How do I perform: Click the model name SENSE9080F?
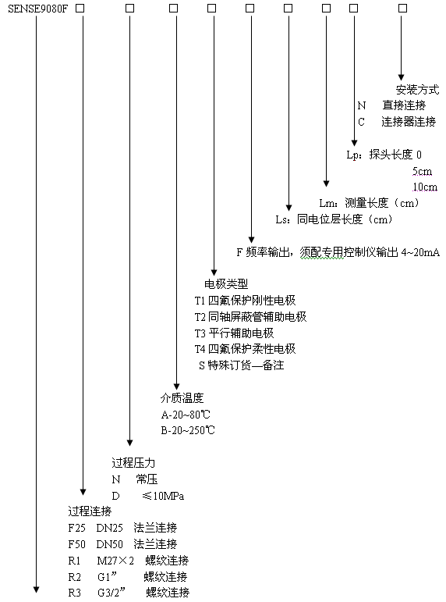(37, 9)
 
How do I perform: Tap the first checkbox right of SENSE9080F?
(80, 9)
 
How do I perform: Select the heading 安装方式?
(417, 90)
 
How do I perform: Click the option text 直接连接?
(404, 105)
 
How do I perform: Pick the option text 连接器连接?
(409, 122)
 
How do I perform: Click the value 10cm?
(425, 187)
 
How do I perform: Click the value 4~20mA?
(420, 252)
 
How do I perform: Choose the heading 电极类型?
(226, 283)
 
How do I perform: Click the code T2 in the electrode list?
(200, 317)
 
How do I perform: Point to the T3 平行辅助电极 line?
(234, 333)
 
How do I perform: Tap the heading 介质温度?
(182, 397)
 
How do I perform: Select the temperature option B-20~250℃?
(188, 430)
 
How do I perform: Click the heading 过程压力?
(133, 463)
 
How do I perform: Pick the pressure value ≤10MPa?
(163, 496)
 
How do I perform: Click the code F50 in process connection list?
(76, 544)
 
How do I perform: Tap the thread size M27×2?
(115, 561)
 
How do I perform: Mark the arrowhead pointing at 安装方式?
(401, 77)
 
